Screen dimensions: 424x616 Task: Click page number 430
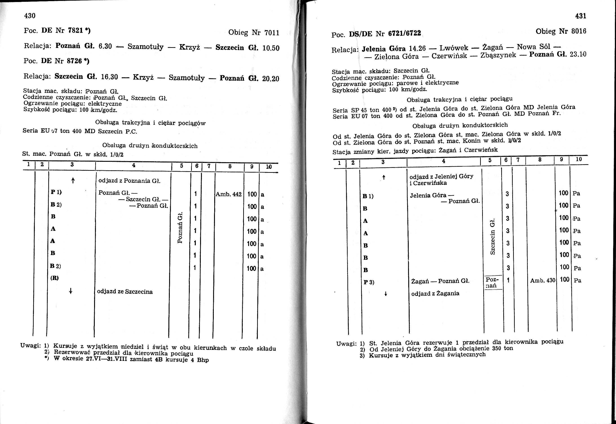30,16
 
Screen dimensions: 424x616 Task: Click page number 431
581,16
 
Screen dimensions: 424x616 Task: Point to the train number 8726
74,61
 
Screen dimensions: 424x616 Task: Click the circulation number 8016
578,31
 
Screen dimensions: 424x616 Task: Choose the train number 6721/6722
404,33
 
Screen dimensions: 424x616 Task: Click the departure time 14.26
417,48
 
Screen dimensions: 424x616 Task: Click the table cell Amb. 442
229,194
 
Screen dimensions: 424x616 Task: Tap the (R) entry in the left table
54,278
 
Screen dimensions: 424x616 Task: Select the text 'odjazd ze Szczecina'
125,292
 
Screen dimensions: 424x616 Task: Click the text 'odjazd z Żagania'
435,293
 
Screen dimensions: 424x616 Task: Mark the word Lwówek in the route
454,48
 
